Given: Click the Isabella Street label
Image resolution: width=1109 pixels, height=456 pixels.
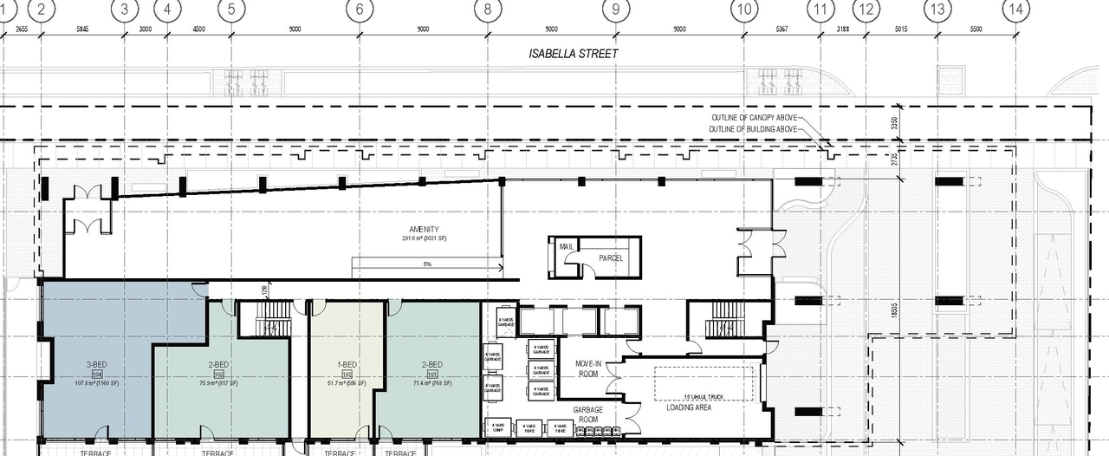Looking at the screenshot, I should [574, 54].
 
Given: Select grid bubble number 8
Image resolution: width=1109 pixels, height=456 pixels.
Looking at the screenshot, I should [488, 10].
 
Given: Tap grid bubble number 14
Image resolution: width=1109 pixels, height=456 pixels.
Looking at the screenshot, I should [1016, 10].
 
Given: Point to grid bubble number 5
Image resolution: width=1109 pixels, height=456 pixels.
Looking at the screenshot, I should [231, 10].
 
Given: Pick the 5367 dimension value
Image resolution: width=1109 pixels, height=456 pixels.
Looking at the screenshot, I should [781, 29].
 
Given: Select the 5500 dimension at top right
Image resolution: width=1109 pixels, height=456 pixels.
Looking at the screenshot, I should [976, 29].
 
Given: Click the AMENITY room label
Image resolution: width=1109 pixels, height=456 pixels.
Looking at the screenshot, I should [424, 229].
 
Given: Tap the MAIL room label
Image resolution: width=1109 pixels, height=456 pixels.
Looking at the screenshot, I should [567, 247].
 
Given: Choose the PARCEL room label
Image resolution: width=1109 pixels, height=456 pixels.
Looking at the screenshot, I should [611, 257].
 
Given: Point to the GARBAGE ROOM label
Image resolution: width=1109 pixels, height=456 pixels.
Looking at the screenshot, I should [589, 414].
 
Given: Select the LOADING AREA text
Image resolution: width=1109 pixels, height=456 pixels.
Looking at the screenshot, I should [689, 407].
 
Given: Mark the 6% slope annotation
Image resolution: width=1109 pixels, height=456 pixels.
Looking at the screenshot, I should [427, 264].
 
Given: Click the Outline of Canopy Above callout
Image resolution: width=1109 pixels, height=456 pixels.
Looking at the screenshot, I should [751, 118].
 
